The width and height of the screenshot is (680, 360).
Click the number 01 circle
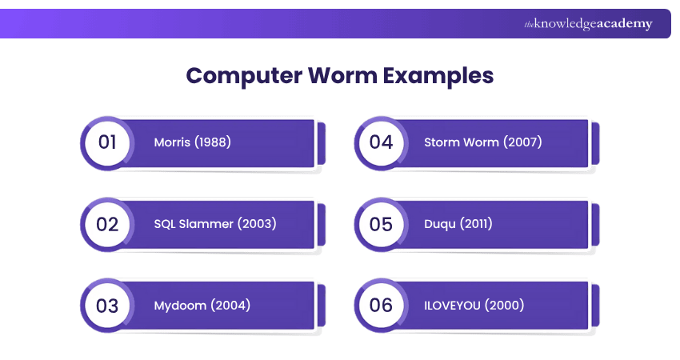tap(107, 142)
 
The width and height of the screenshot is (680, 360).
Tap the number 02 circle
tap(107, 224)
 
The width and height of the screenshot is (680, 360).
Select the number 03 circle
tap(107, 305)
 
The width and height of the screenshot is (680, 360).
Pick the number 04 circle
tap(381, 142)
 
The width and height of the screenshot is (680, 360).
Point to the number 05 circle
tap(381, 224)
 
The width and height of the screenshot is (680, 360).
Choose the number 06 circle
tap(381, 305)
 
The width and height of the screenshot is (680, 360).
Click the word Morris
tap(173, 142)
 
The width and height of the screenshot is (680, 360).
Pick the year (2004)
tap(230, 305)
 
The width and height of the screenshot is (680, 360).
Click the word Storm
tap(442, 142)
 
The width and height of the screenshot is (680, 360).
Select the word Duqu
tap(440, 224)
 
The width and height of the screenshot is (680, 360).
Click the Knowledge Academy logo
tap(588, 24)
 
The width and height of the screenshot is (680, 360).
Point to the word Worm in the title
tap(341, 76)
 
